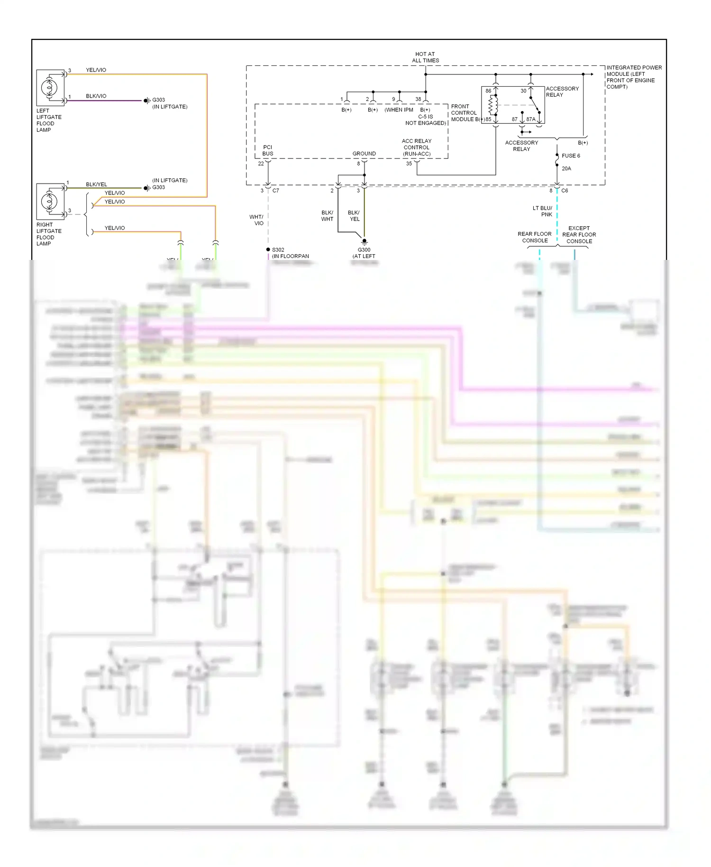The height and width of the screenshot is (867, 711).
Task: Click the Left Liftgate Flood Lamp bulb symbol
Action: click(x=49, y=88)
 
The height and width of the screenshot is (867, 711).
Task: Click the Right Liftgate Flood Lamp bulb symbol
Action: click(x=49, y=201)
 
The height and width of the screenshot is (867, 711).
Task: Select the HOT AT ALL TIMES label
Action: click(x=425, y=57)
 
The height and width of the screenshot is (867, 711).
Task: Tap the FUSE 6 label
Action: click(x=571, y=156)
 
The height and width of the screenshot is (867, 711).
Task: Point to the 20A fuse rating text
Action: click(x=566, y=168)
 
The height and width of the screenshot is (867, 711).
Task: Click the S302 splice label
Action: click(x=278, y=249)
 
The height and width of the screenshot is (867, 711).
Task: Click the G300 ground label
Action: click(x=364, y=250)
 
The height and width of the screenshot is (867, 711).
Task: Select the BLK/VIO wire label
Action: click(x=96, y=96)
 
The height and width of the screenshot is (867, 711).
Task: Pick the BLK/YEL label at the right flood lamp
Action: click(x=96, y=184)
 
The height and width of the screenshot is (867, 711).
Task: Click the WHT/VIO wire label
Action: click(x=256, y=220)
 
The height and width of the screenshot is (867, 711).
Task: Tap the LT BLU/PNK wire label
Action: click(x=543, y=211)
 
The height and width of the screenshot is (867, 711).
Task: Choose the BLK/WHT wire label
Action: click(x=327, y=216)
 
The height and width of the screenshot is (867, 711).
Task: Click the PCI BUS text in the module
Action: click(x=268, y=150)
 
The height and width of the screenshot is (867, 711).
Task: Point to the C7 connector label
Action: click(x=276, y=191)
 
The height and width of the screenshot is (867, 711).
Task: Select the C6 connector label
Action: click(x=565, y=191)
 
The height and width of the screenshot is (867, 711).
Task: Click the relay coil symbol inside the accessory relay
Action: click(x=493, y=106)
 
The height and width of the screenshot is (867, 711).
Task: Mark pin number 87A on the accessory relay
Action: click(x=530, y=120)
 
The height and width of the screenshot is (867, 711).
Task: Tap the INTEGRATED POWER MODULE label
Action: click(x=634, y=77)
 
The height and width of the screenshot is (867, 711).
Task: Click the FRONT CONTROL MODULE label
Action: click(x=464, y=113)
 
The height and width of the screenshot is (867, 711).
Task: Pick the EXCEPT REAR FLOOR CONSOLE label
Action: click(x=579, y=235)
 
